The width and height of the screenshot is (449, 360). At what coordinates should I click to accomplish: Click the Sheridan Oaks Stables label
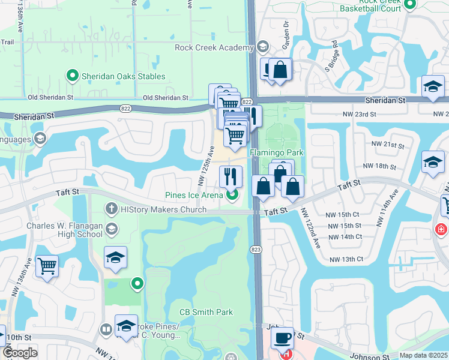123,76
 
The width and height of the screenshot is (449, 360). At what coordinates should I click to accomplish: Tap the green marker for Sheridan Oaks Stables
73,76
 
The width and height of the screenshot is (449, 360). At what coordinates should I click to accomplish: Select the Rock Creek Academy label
214,47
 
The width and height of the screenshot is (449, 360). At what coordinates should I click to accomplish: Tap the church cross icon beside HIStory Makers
110,209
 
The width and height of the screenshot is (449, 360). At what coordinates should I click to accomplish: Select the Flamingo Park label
277,153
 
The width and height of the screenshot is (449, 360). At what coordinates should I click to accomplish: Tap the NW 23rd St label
382,114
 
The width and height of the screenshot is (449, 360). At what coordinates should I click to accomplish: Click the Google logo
20,352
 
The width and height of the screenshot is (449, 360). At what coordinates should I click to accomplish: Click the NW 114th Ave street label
386,208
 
